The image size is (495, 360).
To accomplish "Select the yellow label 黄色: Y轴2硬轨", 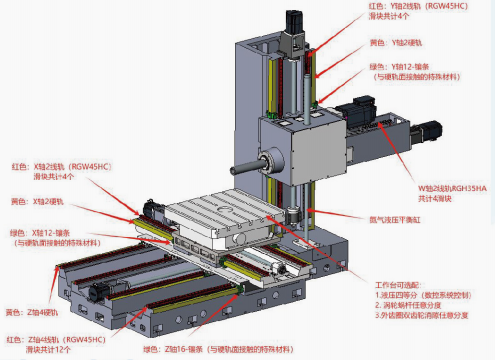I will (x=393, y=43).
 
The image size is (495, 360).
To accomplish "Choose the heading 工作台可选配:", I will (x=379, y=285).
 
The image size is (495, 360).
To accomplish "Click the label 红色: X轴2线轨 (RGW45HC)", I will (x=59, y=166).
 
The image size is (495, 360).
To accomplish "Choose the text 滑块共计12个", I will (x=51, y=351).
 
